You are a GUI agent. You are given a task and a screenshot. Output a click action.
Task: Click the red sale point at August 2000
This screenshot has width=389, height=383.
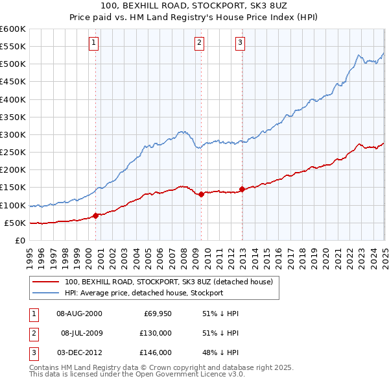pos(96,216)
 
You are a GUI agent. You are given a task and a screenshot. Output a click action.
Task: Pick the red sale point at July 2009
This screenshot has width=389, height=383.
pos(201,194)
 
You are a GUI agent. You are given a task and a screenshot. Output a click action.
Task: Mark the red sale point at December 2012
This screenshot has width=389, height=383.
pos(242,189)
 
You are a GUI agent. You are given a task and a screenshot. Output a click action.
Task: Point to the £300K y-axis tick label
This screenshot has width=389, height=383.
pos(14,134)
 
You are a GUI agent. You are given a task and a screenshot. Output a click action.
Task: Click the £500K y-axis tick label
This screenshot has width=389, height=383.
pos(14,64)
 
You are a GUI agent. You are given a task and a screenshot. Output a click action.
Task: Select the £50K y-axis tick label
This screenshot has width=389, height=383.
pos(16,223)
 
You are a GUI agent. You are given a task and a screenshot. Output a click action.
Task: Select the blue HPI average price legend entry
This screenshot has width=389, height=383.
pos(144,293)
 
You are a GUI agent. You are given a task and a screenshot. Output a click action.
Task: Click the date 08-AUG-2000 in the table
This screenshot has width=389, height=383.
pos(79,314)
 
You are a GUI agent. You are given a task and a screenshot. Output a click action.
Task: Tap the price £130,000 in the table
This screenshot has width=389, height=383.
pos(156,333)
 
